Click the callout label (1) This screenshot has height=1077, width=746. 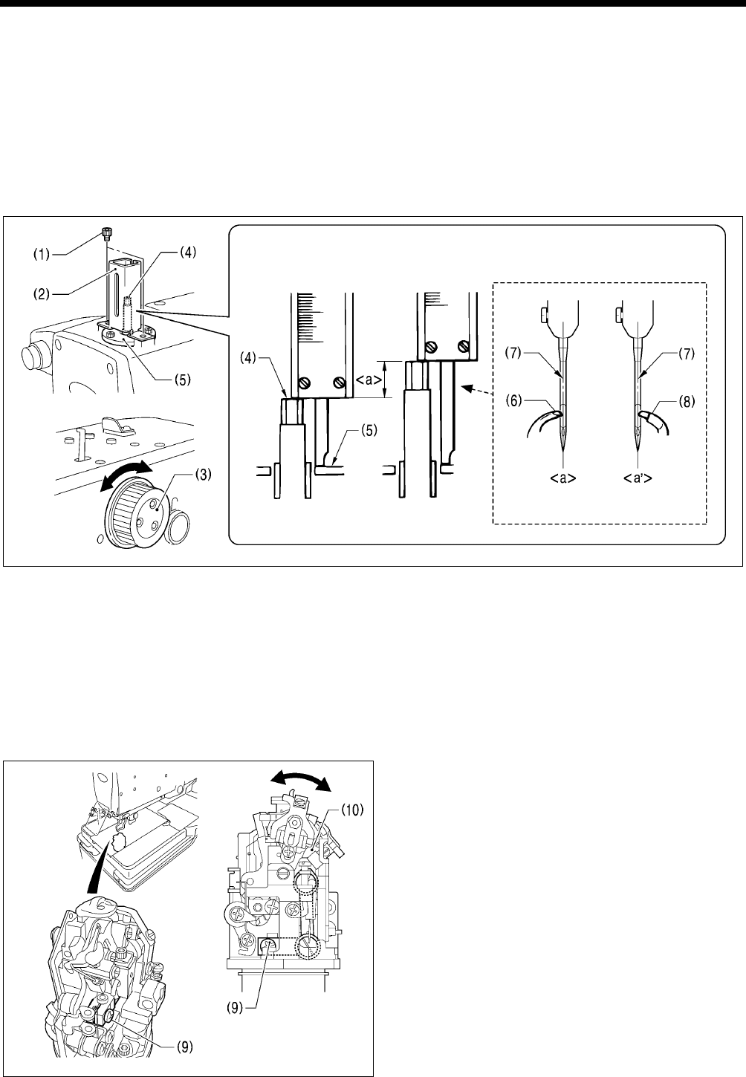pos(41,254)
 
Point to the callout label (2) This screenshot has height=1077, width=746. pos(41,294)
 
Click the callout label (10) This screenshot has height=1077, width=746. pos(352,810)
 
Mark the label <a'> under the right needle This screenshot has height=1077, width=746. pos(638,478)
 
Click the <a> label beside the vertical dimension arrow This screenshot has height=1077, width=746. pos(369,380)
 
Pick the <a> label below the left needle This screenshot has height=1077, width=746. pos(562,478)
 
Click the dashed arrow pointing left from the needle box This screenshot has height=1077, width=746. pos(478,390)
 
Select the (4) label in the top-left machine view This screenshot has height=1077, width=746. pos(187,253)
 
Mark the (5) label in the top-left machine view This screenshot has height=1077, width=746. pos(182,380)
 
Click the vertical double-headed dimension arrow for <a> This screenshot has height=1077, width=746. pos(385,380)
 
